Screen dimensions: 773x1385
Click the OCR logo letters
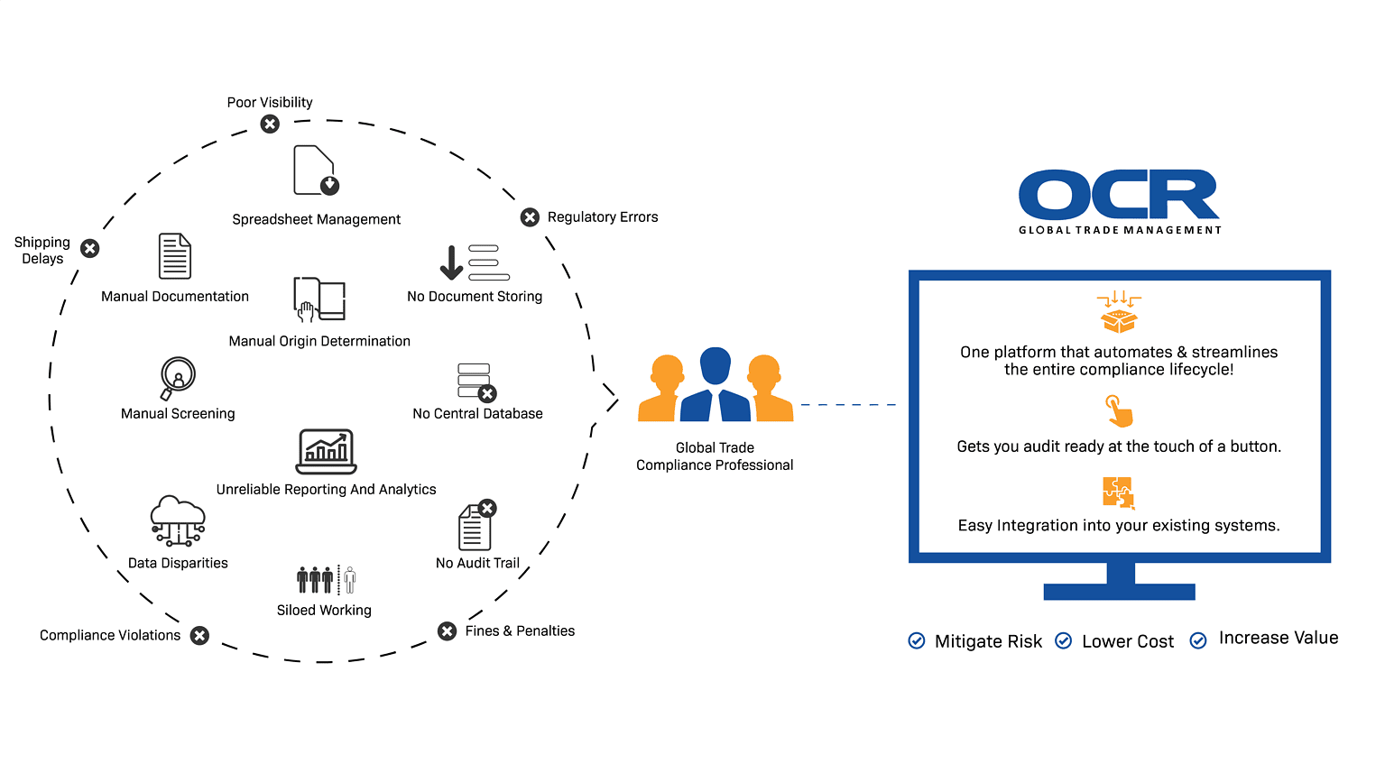[x=1119, y=195]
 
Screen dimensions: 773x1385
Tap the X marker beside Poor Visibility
[x=270, y=124]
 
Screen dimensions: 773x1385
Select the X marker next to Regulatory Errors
[x=531, y=217]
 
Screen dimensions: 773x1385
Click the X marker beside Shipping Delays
[x=90, y=248]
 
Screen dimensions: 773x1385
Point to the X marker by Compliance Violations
[x=200, y=635]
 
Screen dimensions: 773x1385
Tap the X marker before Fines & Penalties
[x=447, y=631]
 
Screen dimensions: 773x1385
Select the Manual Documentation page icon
[x=175, y=256]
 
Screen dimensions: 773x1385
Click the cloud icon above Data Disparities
[x=178, y=520]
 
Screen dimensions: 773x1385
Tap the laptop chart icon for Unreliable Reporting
[x=327, y=451]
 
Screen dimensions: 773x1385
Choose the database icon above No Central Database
[x=476, y=382]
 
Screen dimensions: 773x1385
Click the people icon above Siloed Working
[x=326, y=579]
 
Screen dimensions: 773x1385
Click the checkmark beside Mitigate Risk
[x=917, y=641]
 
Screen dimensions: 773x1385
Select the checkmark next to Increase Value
[x=1198, y=641]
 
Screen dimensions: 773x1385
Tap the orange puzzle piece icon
[x=1119, y=492]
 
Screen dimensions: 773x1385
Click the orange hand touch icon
[x=1119, y=411]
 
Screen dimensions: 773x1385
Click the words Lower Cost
[x=1128, y=641]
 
